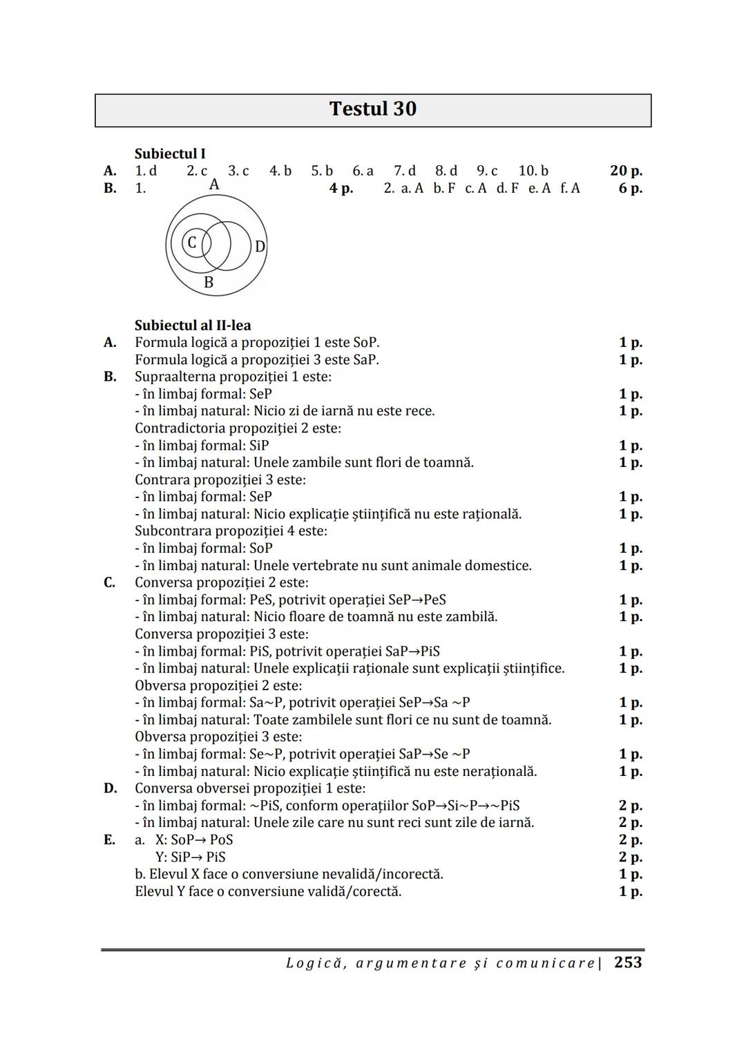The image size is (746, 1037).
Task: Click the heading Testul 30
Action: pos(372,109)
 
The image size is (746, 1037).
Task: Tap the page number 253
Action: pos(628,962)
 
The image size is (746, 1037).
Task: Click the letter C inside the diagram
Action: pos(192,242)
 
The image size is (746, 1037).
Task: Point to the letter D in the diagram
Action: pos(260,247)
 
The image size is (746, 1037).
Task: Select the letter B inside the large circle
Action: pos(209,283)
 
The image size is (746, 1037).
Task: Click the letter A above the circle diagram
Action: pos(214,184)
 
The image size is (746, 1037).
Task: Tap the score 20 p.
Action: pos(626,171)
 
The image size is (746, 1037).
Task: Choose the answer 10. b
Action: pos(533,171)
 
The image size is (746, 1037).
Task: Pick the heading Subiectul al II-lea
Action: pos(193,325)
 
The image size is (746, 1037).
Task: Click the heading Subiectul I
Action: pos(170,153)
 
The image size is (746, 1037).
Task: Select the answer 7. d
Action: pos(405,171)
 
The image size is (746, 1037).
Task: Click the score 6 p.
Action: pos(630,188)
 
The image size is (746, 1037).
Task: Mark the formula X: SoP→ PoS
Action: pos(193,840)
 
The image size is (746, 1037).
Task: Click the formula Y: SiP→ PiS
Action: pos(191,857)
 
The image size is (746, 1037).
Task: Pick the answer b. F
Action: pos(444,188)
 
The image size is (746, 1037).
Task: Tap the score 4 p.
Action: pos(341,188)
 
